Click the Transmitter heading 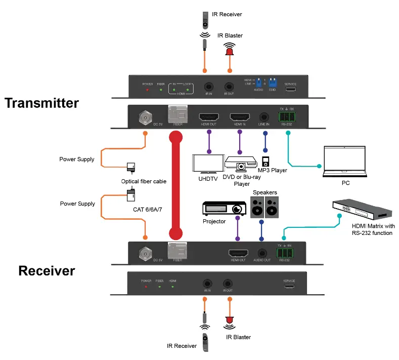click(42, 103)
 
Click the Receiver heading click(47, 270)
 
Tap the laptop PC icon click(345, 159)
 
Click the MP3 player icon click(264, 161)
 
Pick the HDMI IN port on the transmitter click(240, 117)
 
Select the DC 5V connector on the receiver click(146, 252)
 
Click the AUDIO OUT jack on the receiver click(261, 253)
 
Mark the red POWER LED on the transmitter click(147, 90)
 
